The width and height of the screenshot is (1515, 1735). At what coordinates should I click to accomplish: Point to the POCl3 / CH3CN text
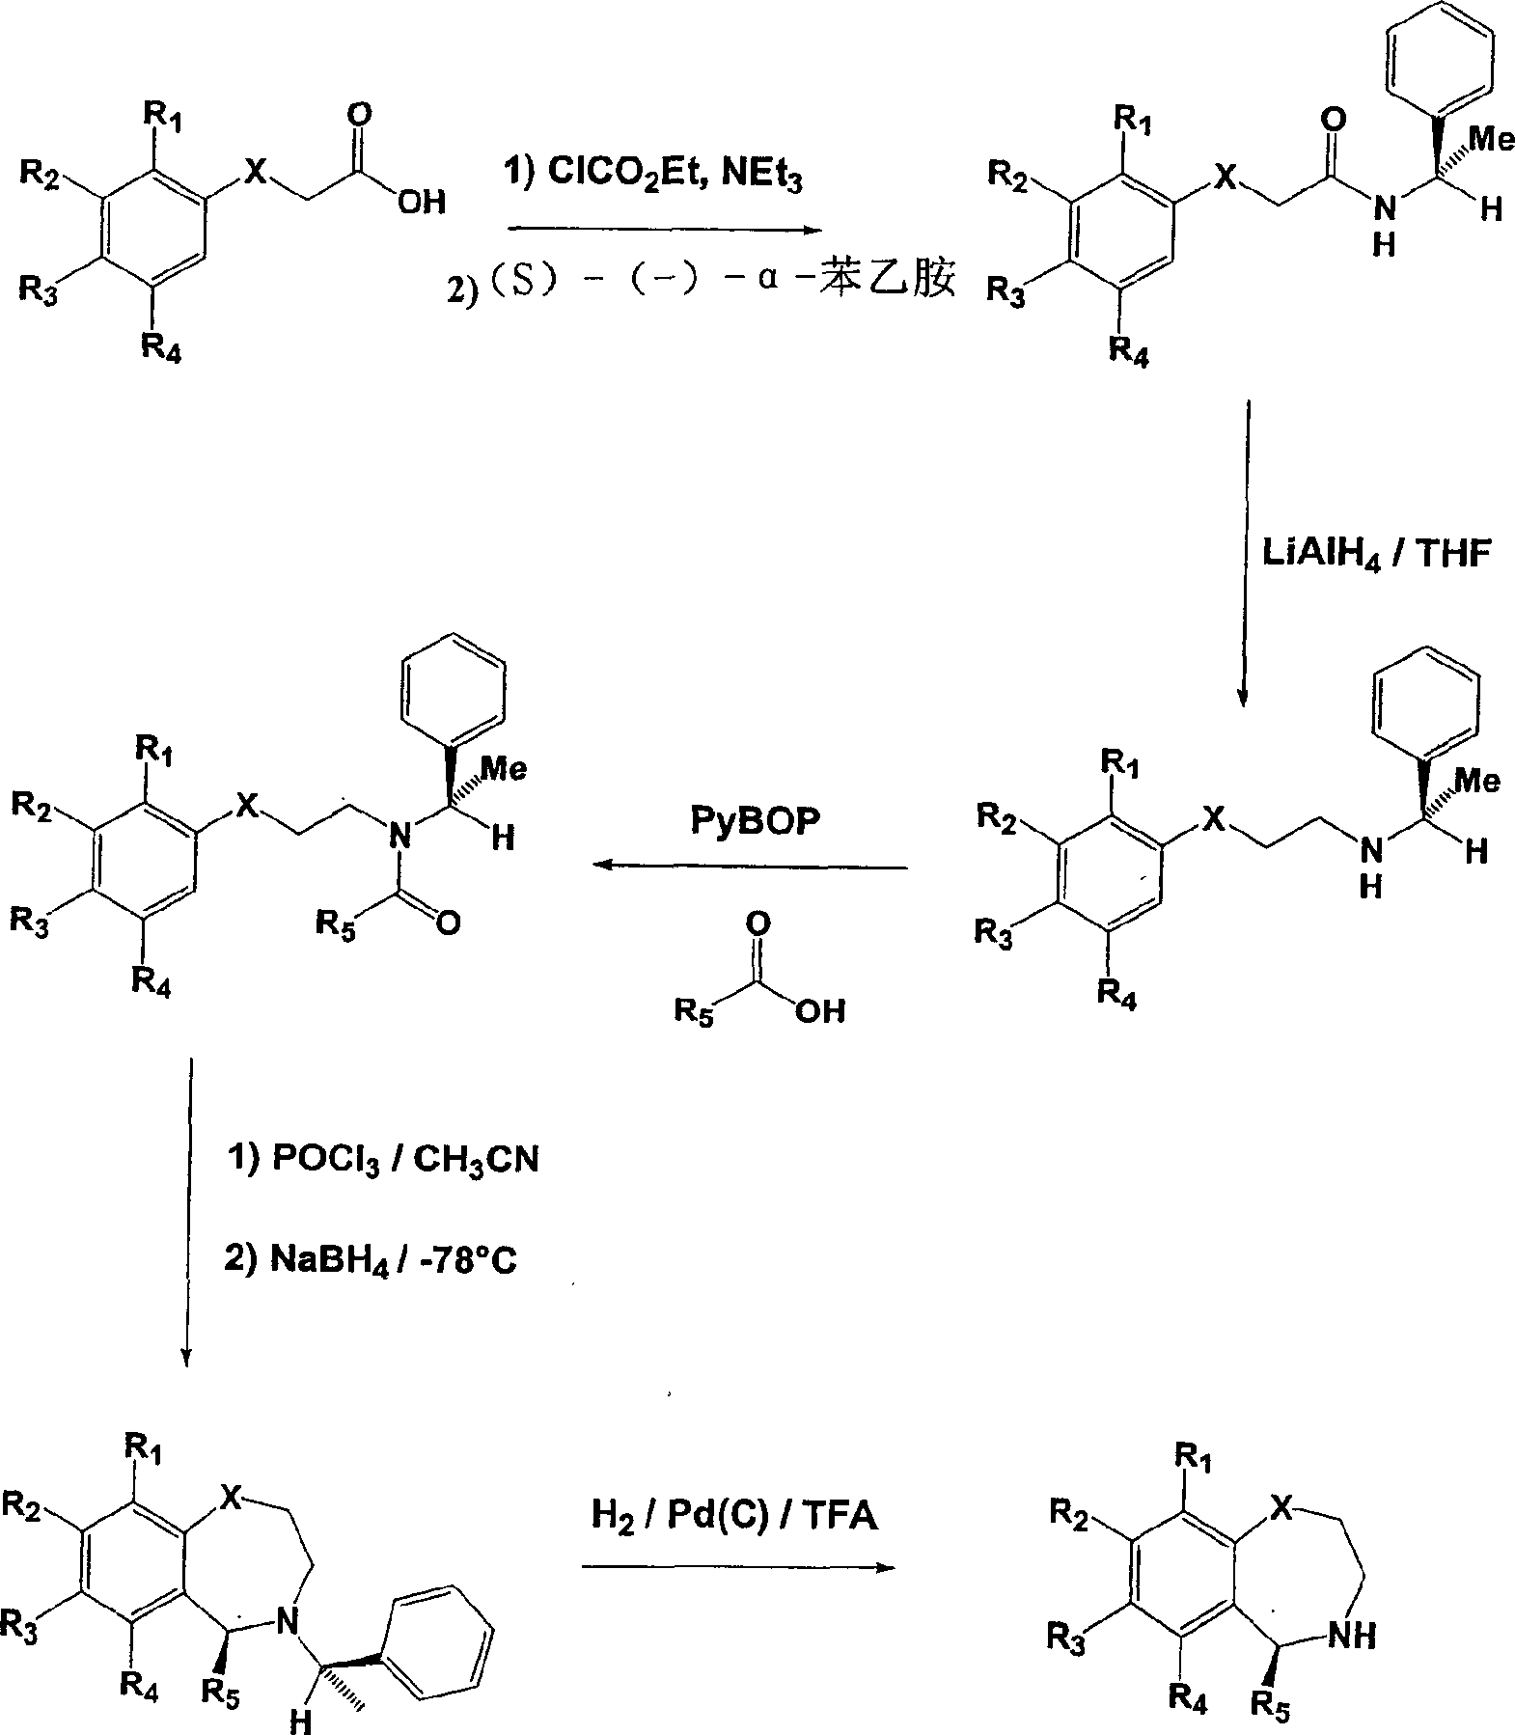[381, 1159]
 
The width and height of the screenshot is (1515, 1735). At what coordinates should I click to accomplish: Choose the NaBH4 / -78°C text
[371, 1261]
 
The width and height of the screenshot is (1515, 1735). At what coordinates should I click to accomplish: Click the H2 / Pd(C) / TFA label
[734, 1516]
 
